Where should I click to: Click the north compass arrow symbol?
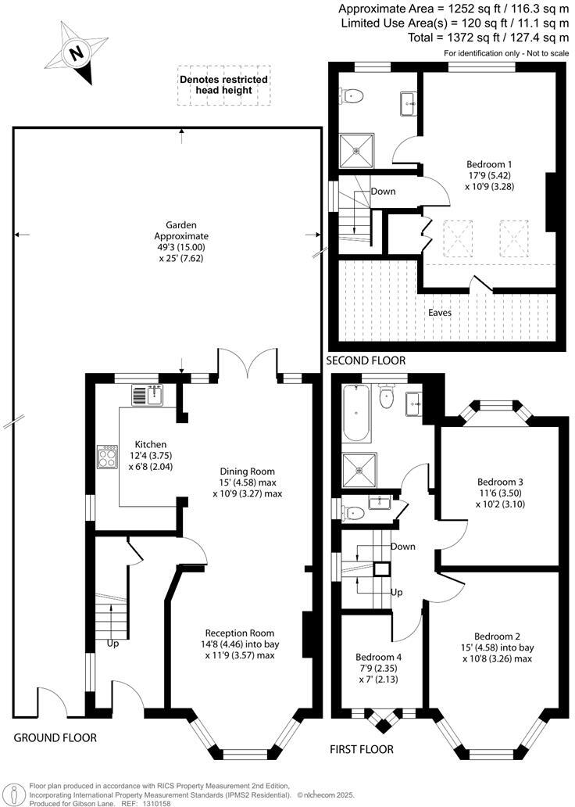76,54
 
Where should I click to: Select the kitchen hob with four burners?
107,457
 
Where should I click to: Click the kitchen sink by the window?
147,396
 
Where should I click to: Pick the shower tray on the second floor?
355,149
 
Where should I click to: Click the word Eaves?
439,313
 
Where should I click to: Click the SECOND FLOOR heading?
366,360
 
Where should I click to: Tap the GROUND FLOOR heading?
55,737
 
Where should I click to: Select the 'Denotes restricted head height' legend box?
223,85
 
